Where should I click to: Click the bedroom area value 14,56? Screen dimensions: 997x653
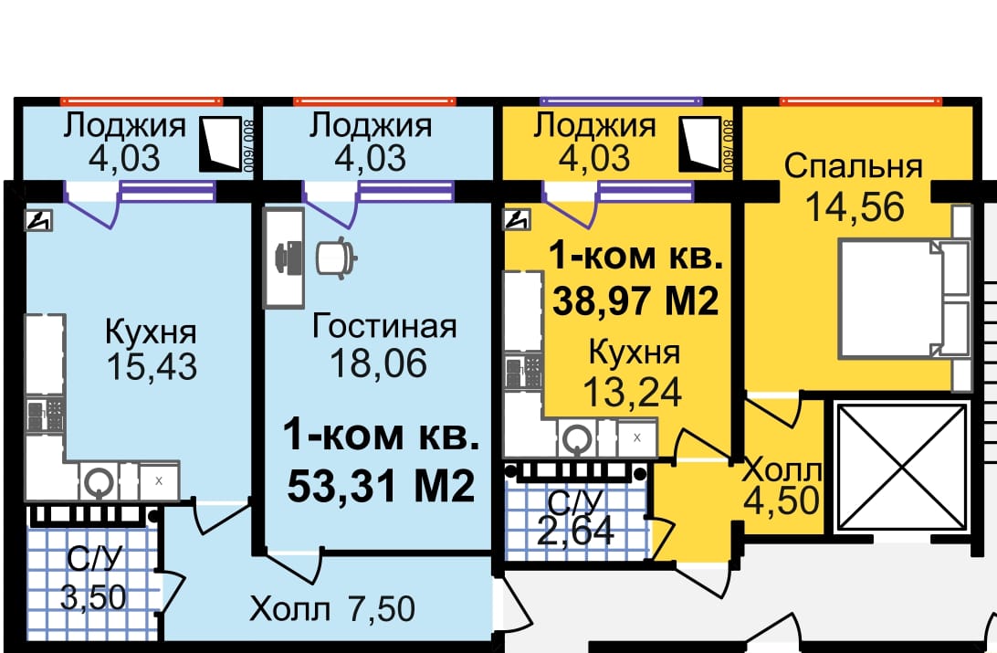[x=855, y=207]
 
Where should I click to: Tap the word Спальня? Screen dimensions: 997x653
[x=854, y=166]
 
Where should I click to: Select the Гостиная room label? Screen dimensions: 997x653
[x=384, y=326]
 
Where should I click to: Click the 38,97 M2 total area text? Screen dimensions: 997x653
[x=635, y=300]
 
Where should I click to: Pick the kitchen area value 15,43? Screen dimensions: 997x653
[x=152, y=366]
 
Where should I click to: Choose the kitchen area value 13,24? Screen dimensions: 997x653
[x=632, y=393]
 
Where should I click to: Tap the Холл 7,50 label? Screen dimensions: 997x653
[x=332, y=608]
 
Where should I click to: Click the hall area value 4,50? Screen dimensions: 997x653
[x=782, y=500]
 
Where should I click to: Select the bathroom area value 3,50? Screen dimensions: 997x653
[x=93, y=597]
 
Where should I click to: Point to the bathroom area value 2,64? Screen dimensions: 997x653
[x=575, y=531]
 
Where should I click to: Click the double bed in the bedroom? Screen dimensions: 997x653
[x=905, y=299]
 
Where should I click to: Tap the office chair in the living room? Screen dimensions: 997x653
[x=337, y=258]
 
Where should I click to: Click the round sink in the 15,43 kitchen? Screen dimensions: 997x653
[x=99, y=482]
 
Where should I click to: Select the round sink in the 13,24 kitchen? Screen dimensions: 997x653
[x=577, y=438]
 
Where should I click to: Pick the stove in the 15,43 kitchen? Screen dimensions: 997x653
[x=45, y=416]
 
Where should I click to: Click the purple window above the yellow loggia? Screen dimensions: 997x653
[x=621, y=101]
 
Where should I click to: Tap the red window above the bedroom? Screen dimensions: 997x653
[x=861, y=101]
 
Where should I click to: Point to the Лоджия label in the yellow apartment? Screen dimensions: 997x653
[x=594, y=125]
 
